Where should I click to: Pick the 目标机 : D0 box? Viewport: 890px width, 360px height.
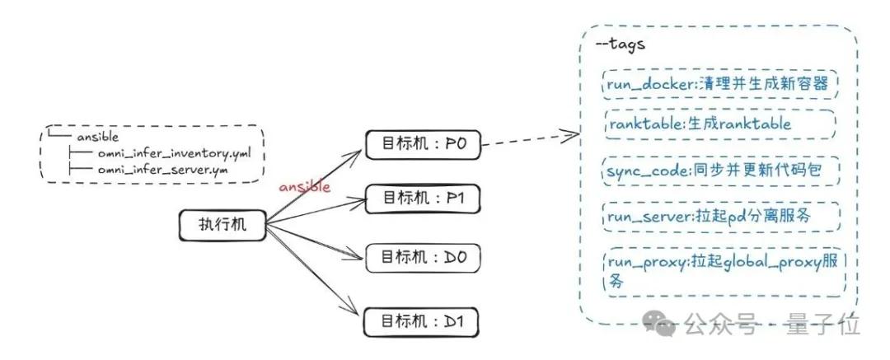[x=421, y=258]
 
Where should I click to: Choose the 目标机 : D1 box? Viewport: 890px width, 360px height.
[x=421, y=320]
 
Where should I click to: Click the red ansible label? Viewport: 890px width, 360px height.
[x=304, y=187]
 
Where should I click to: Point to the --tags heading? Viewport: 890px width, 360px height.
[x=620, y=44]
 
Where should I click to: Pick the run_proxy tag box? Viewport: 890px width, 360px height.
[x=724, y=272]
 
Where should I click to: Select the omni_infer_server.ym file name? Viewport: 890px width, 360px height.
[x=162, y=170]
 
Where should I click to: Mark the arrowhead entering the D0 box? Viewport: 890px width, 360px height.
[x=358, y=257]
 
